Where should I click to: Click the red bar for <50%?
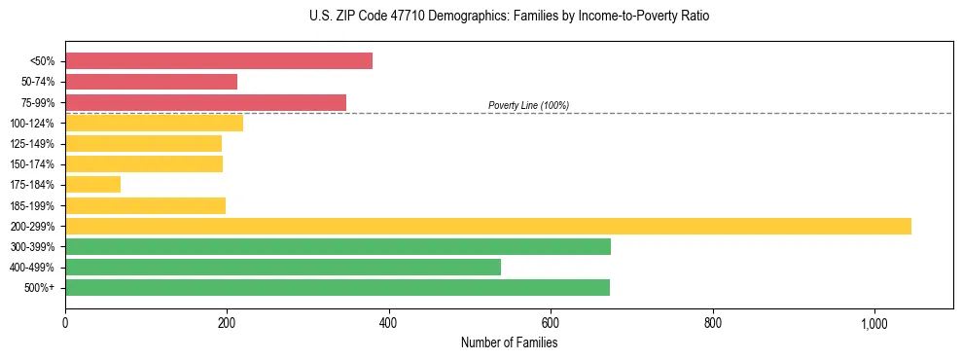(x=219, y=60)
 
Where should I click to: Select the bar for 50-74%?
(x=151, y=82)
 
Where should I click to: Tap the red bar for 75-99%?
(x=205, y=102)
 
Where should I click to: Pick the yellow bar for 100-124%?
(x=154, y=123)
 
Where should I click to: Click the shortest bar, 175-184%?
(x=92, y=184)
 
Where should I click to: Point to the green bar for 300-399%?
(x=338, y=246)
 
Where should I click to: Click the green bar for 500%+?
(x=338, y=287)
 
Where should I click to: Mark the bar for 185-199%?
(x=145, y=205)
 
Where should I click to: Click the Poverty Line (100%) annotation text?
(x=528, y=105)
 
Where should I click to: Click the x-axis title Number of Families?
(x=509, y=342)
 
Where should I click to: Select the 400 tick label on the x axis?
(x=388, y=323)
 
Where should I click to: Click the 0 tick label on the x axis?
(x=65, y=323)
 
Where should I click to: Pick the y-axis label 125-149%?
(x=32, y=144)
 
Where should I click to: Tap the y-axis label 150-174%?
(x=32, y=164)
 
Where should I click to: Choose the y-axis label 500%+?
(x=38, y=288)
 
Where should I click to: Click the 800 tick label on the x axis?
(x=712, y=323)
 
